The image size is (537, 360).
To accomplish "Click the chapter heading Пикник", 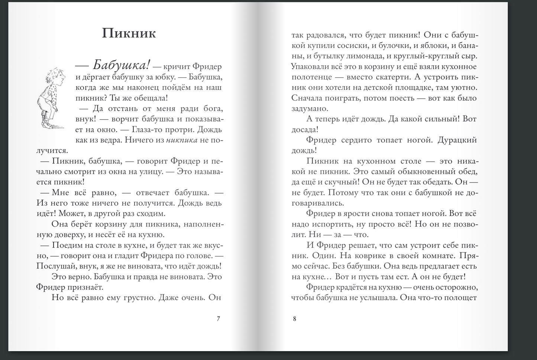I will (x=129, y=33).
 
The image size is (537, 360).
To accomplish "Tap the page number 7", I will (x=218, y=318).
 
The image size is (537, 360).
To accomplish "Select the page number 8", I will (x=295, y=318).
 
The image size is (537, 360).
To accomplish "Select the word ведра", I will (x=110, y=140).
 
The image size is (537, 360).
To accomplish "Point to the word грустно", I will (x=137, y=298).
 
